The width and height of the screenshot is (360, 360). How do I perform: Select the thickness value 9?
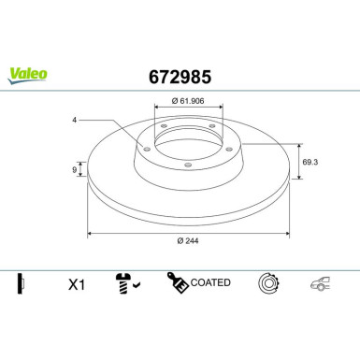(76, 169)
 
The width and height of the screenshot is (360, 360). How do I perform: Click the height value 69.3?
(311, 162)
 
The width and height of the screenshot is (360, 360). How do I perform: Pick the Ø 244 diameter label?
(187, 242)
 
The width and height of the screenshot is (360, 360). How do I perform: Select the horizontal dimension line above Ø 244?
(187, 233)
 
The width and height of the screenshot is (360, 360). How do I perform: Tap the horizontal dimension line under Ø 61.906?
(187, 109)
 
